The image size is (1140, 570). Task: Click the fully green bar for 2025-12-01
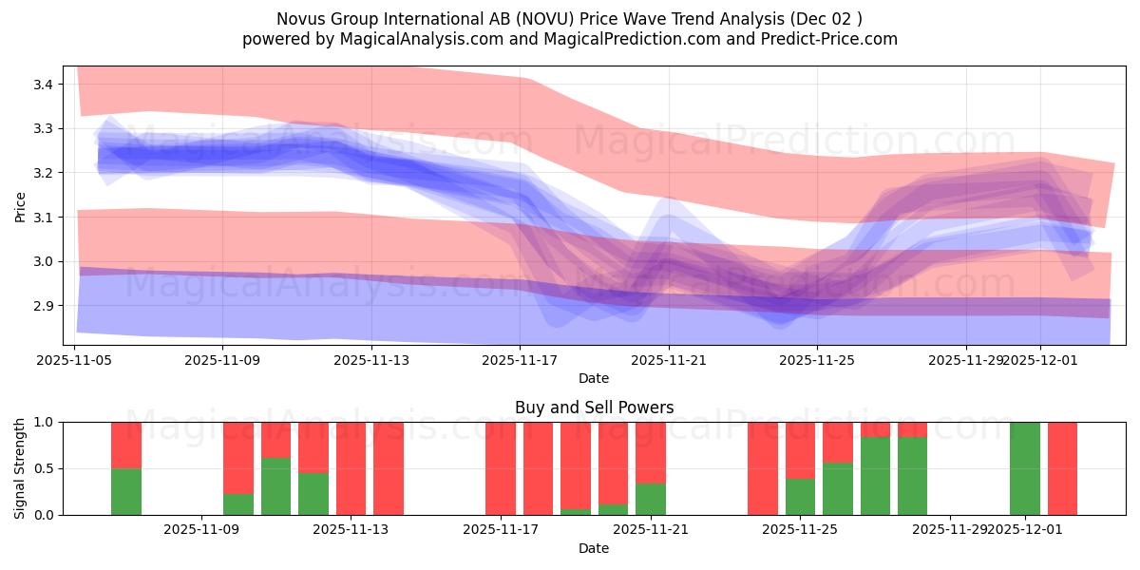click(1025, 468)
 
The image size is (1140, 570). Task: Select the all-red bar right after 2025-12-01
click(1062, 468)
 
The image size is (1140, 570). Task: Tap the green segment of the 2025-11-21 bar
click(651, 500)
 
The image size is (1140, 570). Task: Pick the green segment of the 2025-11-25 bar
click(800, 497)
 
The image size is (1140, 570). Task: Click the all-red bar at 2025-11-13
click(351, 468)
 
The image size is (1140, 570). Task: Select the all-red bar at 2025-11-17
click(501, 468)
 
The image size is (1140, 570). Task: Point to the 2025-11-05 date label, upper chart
click(74, 361)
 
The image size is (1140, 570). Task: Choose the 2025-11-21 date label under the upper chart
click(669, 361)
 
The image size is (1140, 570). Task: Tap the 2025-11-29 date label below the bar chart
click(950, 530)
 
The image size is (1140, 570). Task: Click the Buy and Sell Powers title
click(594, 408)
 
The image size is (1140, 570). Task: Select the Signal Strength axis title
click(20, 468)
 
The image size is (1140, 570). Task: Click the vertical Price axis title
click(20, 205)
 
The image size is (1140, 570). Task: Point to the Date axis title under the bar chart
click(594, 548)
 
